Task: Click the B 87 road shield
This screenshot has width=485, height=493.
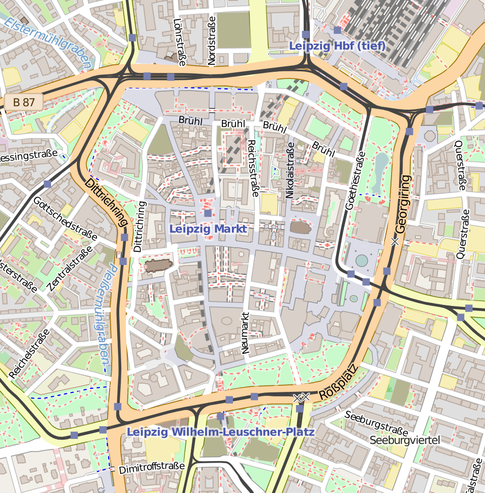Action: click(x=24, y=102)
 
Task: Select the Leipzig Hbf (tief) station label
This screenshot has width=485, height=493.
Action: click(x=337, y=46)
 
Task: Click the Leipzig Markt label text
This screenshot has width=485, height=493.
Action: click(x=208, y=229)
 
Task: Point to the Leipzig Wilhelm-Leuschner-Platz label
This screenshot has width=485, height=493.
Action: click(x=221, y=432)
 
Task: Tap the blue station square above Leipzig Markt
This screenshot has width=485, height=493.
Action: click(x=208, y=213)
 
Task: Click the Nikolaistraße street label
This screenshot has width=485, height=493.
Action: click(x=289, y=169)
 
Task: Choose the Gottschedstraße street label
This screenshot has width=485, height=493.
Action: click(x=65, y=217)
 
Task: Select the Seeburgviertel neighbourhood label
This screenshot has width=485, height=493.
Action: click(x=405, y=440)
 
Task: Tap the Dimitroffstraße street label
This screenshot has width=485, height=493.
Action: click(x=152, y=467)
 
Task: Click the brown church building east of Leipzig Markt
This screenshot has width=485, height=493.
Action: click(x=301, y=228)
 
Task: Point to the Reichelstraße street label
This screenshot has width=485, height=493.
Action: click(x=29, y=353)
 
